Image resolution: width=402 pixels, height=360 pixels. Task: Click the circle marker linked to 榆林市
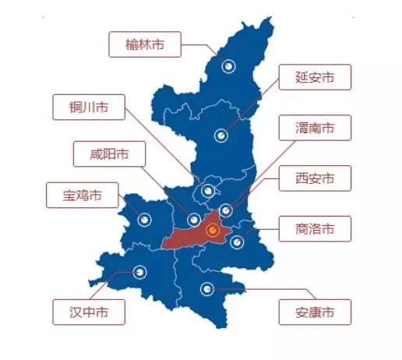click(229, 67)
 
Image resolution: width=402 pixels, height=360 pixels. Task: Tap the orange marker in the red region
click(212, 230)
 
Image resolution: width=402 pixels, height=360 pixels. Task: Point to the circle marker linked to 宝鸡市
click(144, 220)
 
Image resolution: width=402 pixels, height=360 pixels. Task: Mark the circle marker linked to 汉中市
click(140, 272)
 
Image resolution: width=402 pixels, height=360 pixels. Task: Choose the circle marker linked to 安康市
click(206, 289)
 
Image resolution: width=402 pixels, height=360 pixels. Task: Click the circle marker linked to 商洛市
click(238, 242)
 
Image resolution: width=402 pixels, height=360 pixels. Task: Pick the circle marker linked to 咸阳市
click(193, 219)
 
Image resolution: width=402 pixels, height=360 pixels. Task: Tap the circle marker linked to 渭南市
click(226, 210)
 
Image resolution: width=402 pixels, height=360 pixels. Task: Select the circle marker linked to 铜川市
click(207, 190)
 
